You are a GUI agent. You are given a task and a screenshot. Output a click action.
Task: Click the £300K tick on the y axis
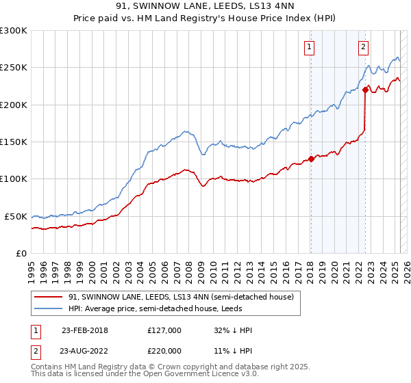[14, 31]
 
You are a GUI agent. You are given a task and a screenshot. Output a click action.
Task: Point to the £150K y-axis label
[14, 142]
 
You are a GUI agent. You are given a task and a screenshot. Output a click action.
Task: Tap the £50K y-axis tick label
[16, 216]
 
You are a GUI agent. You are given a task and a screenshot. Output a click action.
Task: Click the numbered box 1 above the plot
[310, 47]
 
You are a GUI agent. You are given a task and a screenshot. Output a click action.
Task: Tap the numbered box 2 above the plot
[362, 47]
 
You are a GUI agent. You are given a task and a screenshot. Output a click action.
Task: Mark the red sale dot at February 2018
[311, 159]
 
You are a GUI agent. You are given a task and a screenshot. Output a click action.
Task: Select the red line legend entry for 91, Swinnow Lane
[181, 297]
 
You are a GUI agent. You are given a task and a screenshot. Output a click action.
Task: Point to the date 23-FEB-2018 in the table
[85, 330]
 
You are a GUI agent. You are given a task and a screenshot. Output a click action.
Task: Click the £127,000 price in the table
[164, 330]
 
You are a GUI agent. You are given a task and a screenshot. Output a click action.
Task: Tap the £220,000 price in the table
[164, 349]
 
